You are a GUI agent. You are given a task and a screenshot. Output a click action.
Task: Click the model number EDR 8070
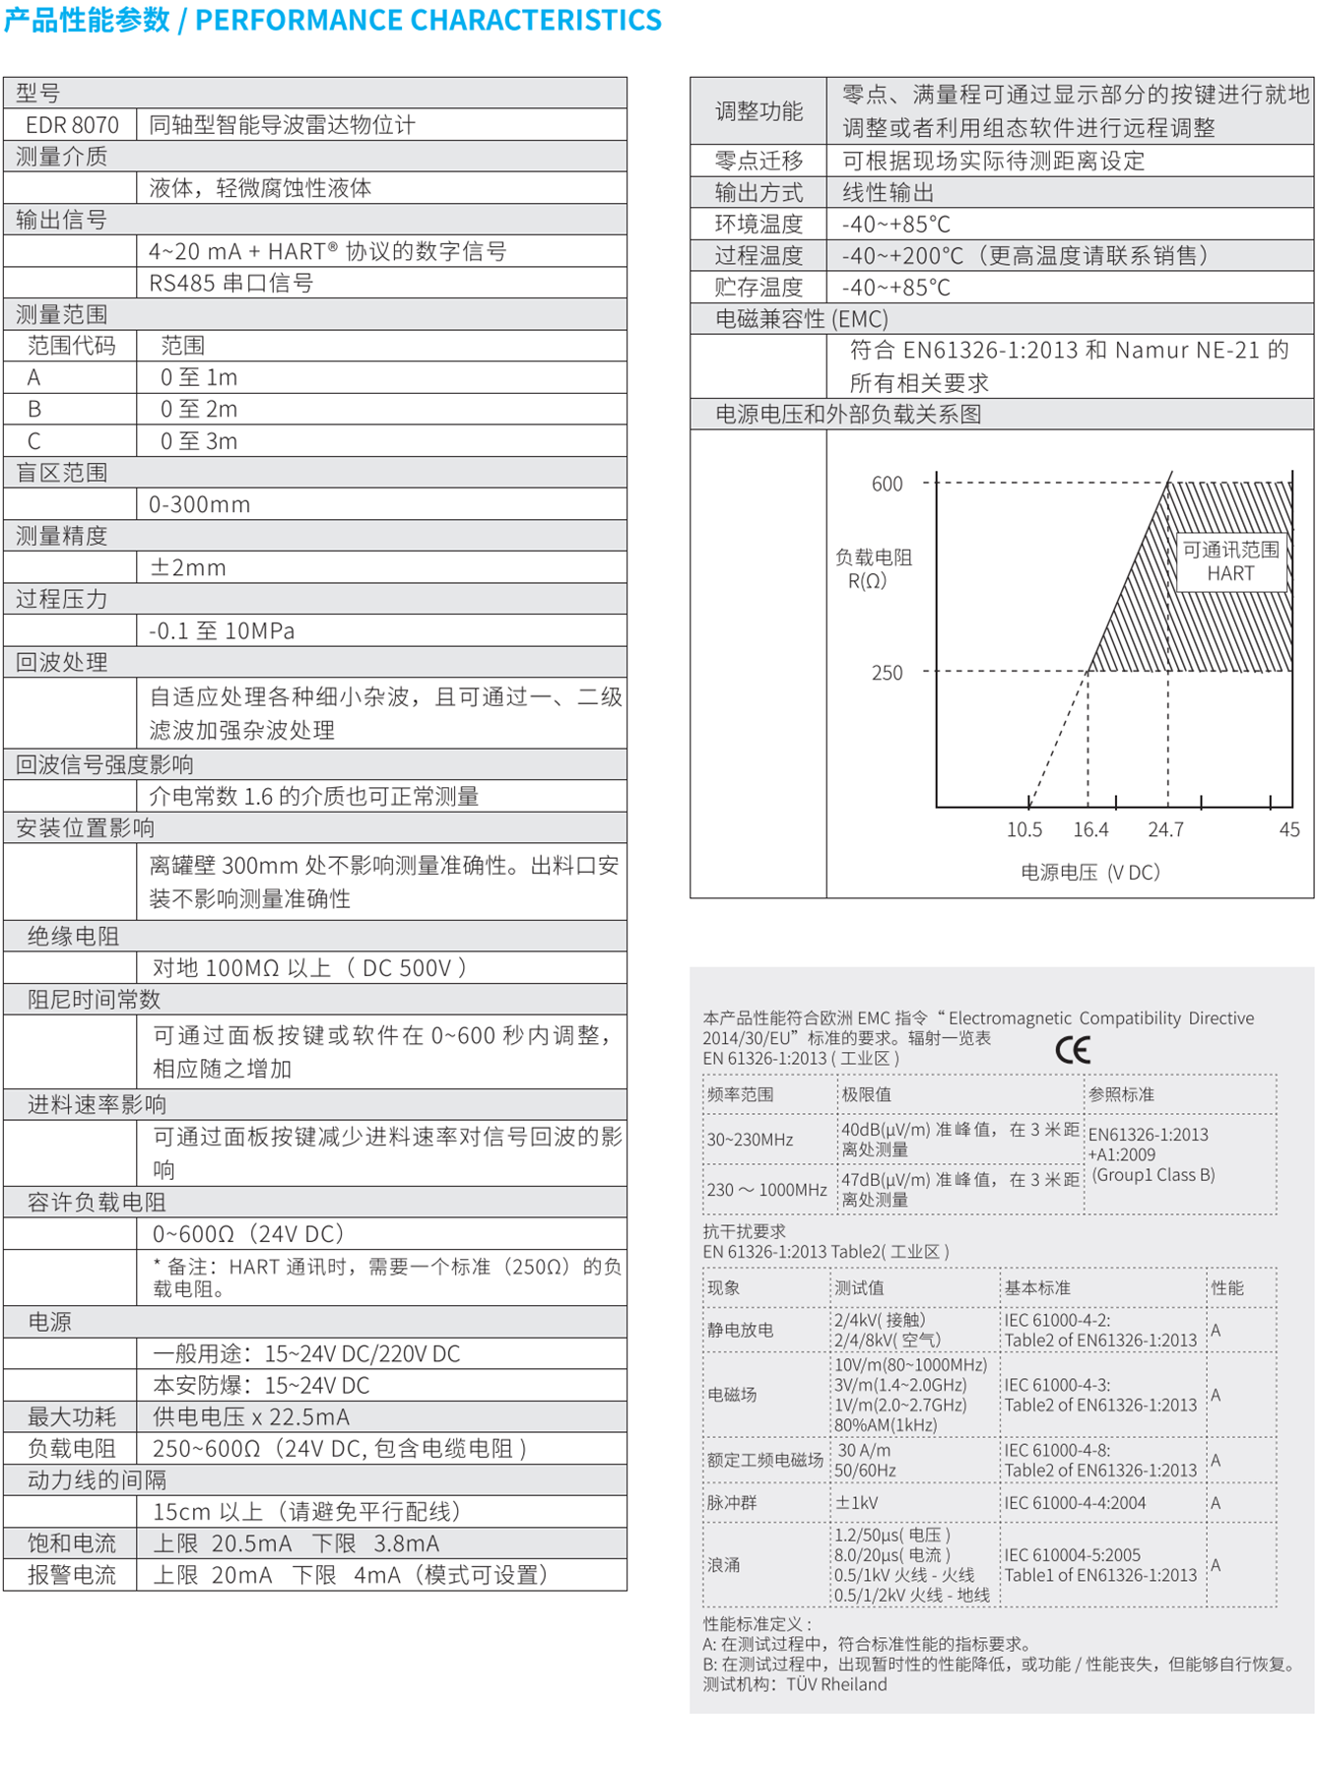click(x=72, y=125)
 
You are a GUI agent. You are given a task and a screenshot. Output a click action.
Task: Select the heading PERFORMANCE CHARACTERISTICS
click(x=428, y=20)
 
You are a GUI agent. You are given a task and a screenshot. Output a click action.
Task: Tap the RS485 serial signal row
click(x=231, y=284)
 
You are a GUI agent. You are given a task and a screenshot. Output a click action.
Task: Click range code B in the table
click(x=34, y=409)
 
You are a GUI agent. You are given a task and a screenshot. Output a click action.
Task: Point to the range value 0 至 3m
click(x=199, y=441)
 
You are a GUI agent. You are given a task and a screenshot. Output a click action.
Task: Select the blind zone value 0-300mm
click(x=199, y=504)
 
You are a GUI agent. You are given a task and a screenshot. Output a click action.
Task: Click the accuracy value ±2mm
click(x=187, y=567)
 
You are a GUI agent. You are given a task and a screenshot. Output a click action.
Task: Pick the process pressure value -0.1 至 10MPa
click(x=222, y=630)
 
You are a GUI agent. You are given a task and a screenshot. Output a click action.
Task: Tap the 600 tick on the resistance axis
click(x=887, y=484)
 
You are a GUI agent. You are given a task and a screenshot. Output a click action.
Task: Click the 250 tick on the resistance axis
click(x=887, y=673)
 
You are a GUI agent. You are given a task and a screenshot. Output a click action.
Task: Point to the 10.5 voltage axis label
click(x=1024, y=829)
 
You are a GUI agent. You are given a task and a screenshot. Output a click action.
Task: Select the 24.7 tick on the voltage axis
click(x=1165, y=829)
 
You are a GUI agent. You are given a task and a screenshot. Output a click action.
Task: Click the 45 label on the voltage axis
click(x=1288, y=829)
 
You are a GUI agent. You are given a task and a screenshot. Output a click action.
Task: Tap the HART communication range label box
click(x=1231, y=561)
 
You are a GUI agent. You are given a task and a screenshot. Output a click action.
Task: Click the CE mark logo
click(x=1073, y=1050)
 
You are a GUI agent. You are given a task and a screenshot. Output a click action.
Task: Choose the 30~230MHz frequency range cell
click(x=751, y=1140)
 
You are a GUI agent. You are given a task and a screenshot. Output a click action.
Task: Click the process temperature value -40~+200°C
click(x=1024, y=256)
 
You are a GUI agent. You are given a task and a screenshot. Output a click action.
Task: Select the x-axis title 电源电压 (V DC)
click(x=1089, y=872)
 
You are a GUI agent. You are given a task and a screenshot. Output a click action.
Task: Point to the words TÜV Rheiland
click(x=836, y=1684)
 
